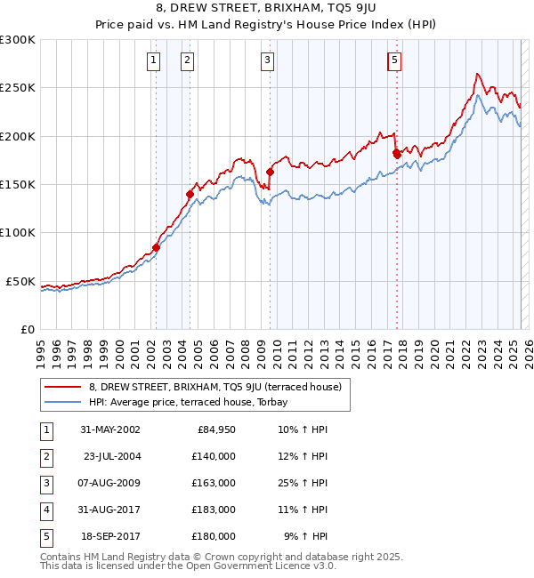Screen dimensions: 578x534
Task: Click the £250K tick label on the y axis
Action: tap(18, 88)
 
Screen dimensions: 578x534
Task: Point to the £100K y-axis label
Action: tap(18, 233)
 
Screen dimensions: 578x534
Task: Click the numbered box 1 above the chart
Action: tap(154, 60)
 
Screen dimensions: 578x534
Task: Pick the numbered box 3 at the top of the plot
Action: tap(268, 60)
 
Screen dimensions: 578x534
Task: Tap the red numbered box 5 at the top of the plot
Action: tap(394, 60)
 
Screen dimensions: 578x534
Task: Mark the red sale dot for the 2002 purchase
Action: tap(156, 247)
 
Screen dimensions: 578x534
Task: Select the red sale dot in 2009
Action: tap(270, 172)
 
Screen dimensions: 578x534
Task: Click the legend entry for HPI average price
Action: tap(195, 402)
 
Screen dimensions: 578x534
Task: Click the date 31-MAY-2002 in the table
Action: tap(109, 429)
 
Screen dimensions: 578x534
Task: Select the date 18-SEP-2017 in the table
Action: tap(109, 536)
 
